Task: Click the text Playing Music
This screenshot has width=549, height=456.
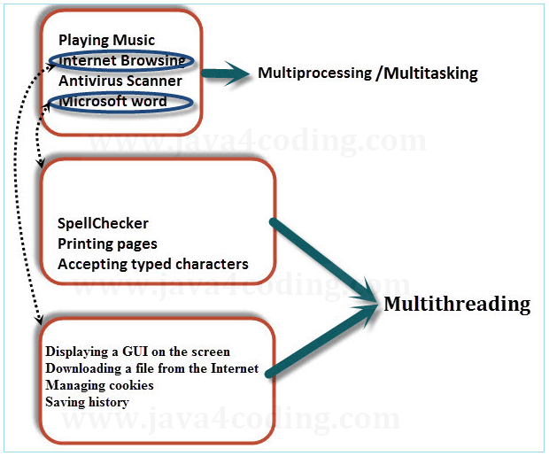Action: click(x=106, y=40)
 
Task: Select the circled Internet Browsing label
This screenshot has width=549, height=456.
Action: click(x=121, y=60)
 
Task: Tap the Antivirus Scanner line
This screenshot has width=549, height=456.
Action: click(x=120, y=81)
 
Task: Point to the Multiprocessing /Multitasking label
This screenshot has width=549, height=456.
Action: click(x=367, y=73)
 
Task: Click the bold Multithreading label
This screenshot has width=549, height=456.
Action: click(x=457, y=305)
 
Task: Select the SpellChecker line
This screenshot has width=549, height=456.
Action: click(x=103, y=224)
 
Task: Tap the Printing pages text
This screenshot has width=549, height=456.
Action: click(x=107, y=243)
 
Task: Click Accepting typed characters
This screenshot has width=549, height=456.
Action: click(x=152, y=264)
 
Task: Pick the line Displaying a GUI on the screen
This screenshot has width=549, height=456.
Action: click(x=137, y=352)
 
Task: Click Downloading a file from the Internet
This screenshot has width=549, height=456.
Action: click(x=151, y=368)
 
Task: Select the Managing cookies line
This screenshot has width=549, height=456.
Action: click(x=99, y=385)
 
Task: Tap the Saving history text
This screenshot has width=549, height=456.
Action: click(x=87, y=402)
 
